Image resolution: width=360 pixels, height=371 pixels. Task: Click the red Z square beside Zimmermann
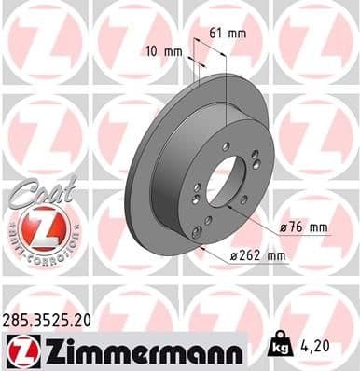pyautogui.click(x=21, y=350)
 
